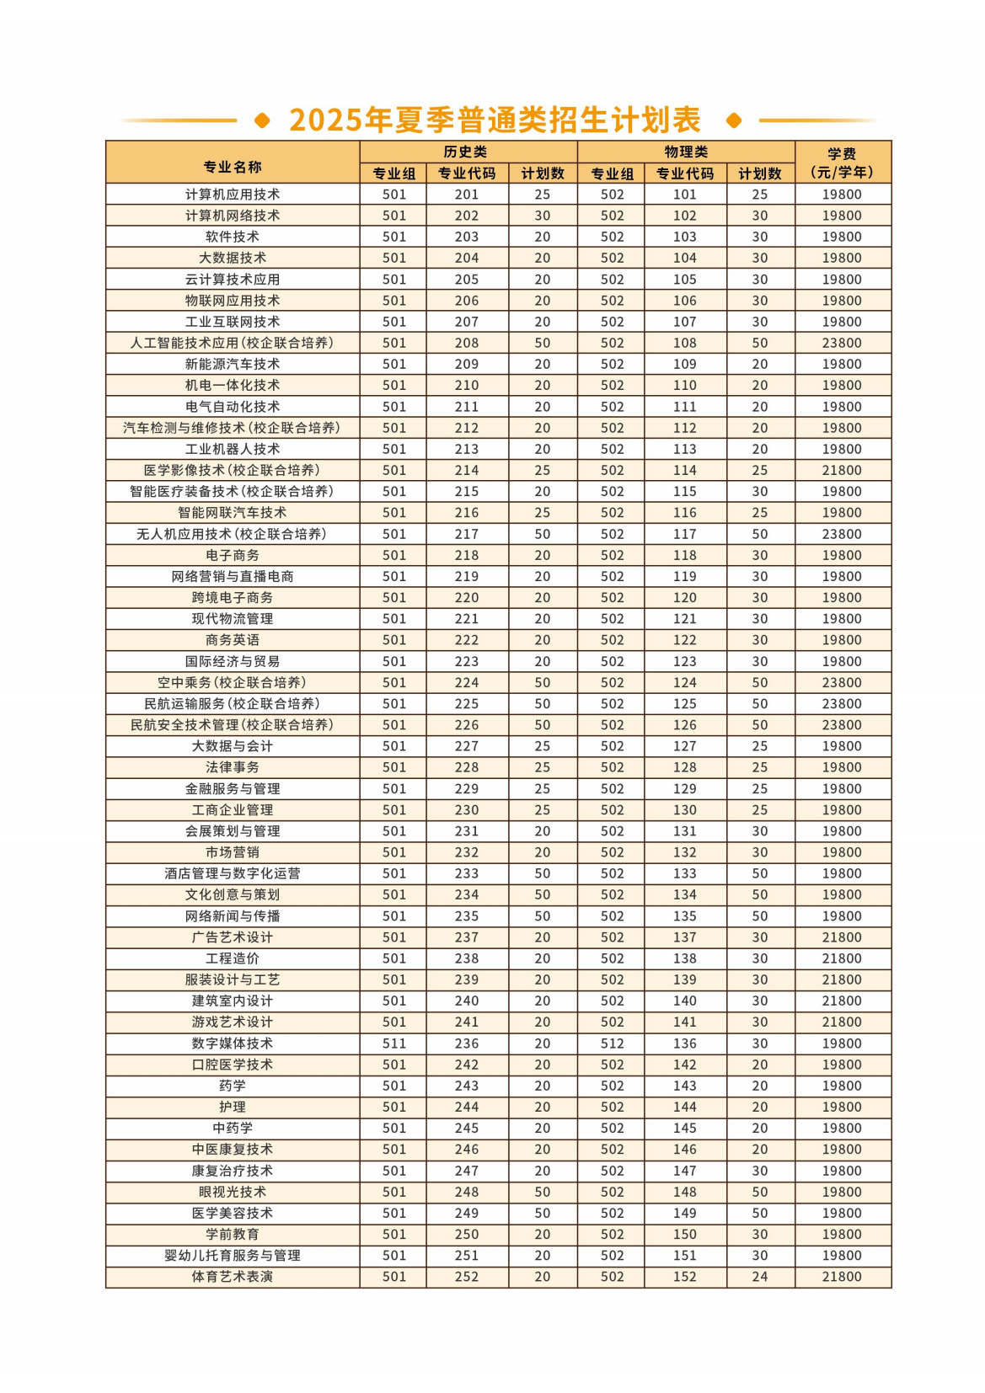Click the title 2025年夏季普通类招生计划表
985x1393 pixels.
pyautogui.click(x=495, y=120)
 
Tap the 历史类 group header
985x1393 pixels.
pyautogui.click(x=466, y=152)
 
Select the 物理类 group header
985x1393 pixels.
pyautogui.click(x=686, y=152)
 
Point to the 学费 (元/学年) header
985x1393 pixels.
pyautogui.click(x=842, y=163)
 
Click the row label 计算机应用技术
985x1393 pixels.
pyautogui.click(x=233, y=195)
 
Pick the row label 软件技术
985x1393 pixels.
pyautogui.click(x=233, y=237)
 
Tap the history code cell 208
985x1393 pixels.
pyautogui.click(x=466, y=343)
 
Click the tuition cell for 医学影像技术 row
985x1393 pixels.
pyautogui.click(x=842, y=470)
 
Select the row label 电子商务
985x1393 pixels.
pyautogui.click(x=233, y=555)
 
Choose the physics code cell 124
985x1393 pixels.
pyautogui.click(x=684, y=682)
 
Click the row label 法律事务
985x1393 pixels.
pyautogui.click(x=233, y=767)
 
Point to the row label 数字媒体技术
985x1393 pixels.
pyautogui.click(x=233, y=1043)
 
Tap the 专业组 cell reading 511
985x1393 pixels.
pyautogui.click(x=393, y=1043)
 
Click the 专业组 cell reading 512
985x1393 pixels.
pyautogui.click(x=612, y=1043)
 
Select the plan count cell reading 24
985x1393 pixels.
pyautogui.click(x=759, y=1277)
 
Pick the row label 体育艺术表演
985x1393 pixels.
pyautogui.click(x=233, y=1277)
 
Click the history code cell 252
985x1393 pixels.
pyautogui.click(x=466, y=1277)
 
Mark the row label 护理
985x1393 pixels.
pyautogui.click(x=233, y=1107)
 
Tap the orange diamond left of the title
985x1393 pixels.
pyautogui.click(x=262, y=120)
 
